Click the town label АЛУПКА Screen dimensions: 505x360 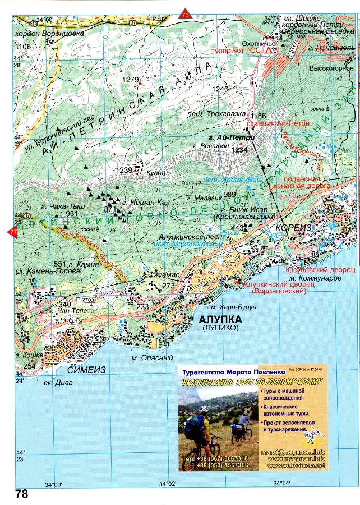pos(220,319)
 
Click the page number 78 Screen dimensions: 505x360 pos(21,494)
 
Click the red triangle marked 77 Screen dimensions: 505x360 pos(12,231)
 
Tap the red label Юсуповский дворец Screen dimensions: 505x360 pos(320,269)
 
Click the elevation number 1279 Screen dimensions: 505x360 pos(130,80)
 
